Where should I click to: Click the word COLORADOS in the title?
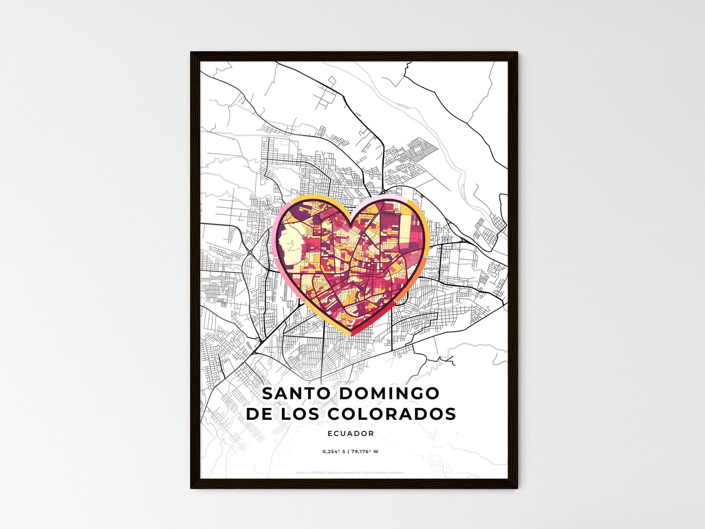(392, 414)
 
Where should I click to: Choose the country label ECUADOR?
(351, 433)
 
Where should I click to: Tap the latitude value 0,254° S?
(334, 451)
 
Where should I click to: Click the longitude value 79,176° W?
(364, 451)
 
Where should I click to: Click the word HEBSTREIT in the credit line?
(318, 472)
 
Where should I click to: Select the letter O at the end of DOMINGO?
(433, 393)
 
